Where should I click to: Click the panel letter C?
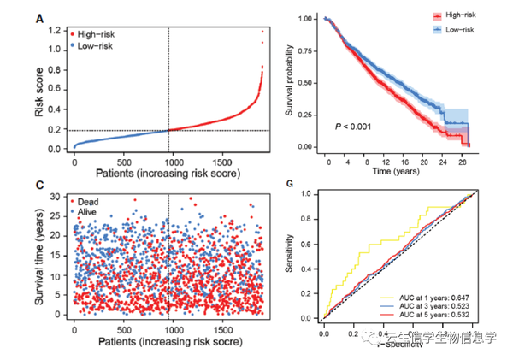[x=39, y=185]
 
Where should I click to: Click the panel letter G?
[x=295, y=185]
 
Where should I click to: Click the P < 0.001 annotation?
[x=352, y=127]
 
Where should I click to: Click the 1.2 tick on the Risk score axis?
[x=55, y=31]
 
